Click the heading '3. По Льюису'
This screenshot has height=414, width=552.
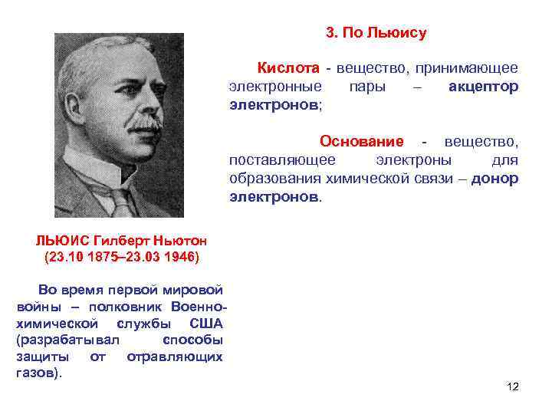click(x=376, y=33)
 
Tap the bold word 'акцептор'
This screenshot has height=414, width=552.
click(x=483, y=86)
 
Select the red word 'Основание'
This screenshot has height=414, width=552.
click(x=362, y=142)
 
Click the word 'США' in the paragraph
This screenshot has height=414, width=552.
click(x=206, y=323)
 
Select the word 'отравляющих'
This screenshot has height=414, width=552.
click(x=175, y=356)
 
